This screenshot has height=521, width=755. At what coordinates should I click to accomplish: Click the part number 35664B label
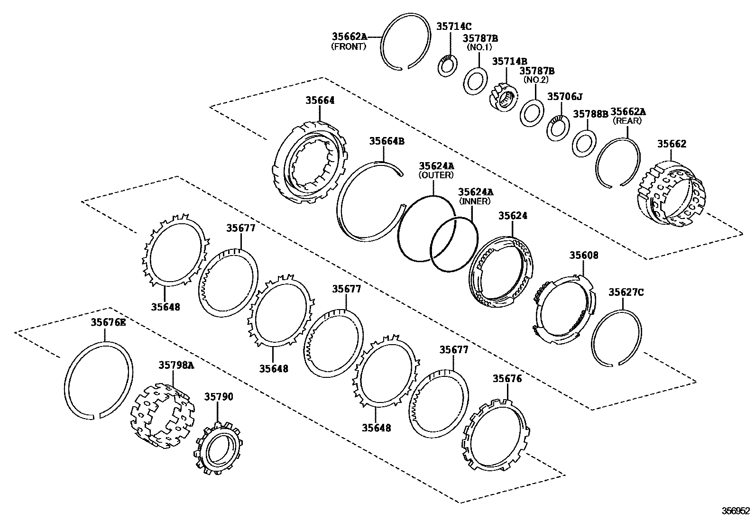[387, 141]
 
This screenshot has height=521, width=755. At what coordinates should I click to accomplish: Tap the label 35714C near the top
[454, 27]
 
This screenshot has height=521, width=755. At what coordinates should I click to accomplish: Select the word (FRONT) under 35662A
[349, 46]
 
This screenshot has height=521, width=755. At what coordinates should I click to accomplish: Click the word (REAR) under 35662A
[627, 121]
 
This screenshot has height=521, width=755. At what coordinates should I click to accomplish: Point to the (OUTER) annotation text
[436, 175]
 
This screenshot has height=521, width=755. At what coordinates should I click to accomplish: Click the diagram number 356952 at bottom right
[736, 511]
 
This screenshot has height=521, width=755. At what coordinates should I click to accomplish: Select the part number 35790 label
[219, 397]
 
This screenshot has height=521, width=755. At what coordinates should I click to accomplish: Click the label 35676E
[109, 322]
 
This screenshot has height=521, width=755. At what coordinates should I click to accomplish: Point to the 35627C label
[626, 292]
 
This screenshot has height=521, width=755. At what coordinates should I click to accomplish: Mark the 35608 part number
[584, 256]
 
